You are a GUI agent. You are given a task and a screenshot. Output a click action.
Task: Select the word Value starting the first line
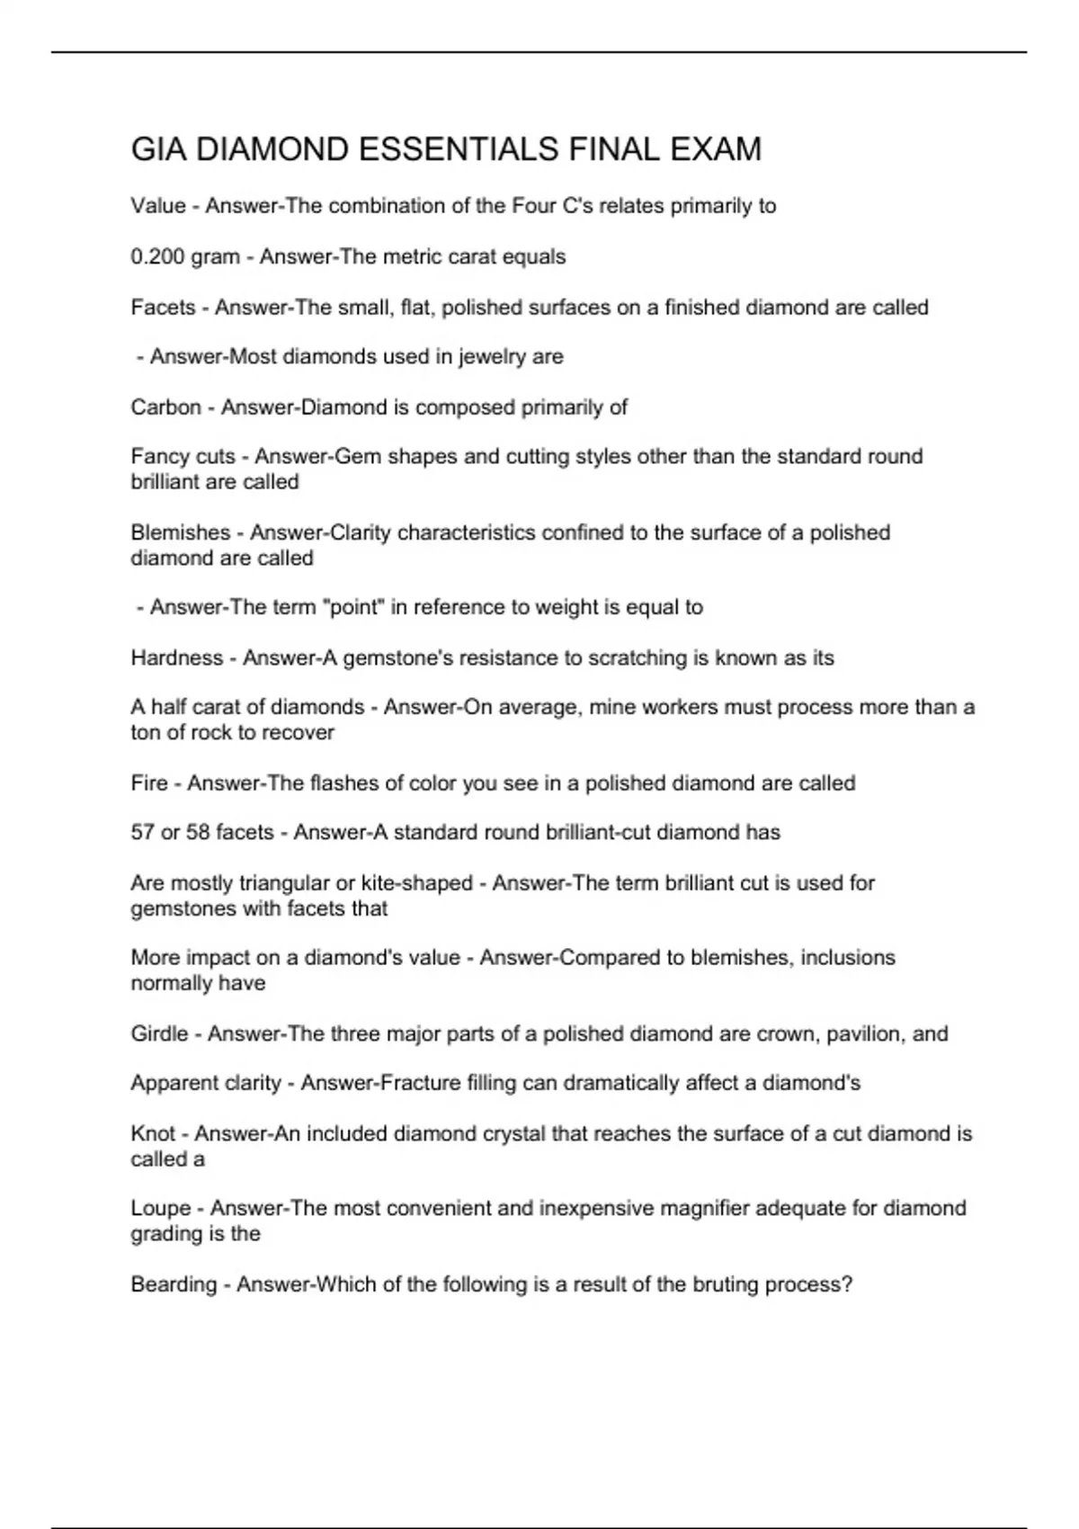158,206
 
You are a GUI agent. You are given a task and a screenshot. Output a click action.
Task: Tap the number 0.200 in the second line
157,257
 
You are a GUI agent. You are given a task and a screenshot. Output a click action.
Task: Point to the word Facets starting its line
163,308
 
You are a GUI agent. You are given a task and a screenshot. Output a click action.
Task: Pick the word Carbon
165,407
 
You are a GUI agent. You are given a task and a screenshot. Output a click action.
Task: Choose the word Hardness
176,658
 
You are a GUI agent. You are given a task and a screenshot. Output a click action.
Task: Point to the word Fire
149,783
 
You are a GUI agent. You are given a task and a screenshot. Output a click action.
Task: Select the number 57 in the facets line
142,833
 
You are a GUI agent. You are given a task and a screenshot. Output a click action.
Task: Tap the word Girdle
159,1034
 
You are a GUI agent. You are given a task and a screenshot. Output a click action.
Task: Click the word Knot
153,1134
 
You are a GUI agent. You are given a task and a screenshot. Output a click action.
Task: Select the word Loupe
161,1209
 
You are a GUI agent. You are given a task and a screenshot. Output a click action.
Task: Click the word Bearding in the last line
174,1284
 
